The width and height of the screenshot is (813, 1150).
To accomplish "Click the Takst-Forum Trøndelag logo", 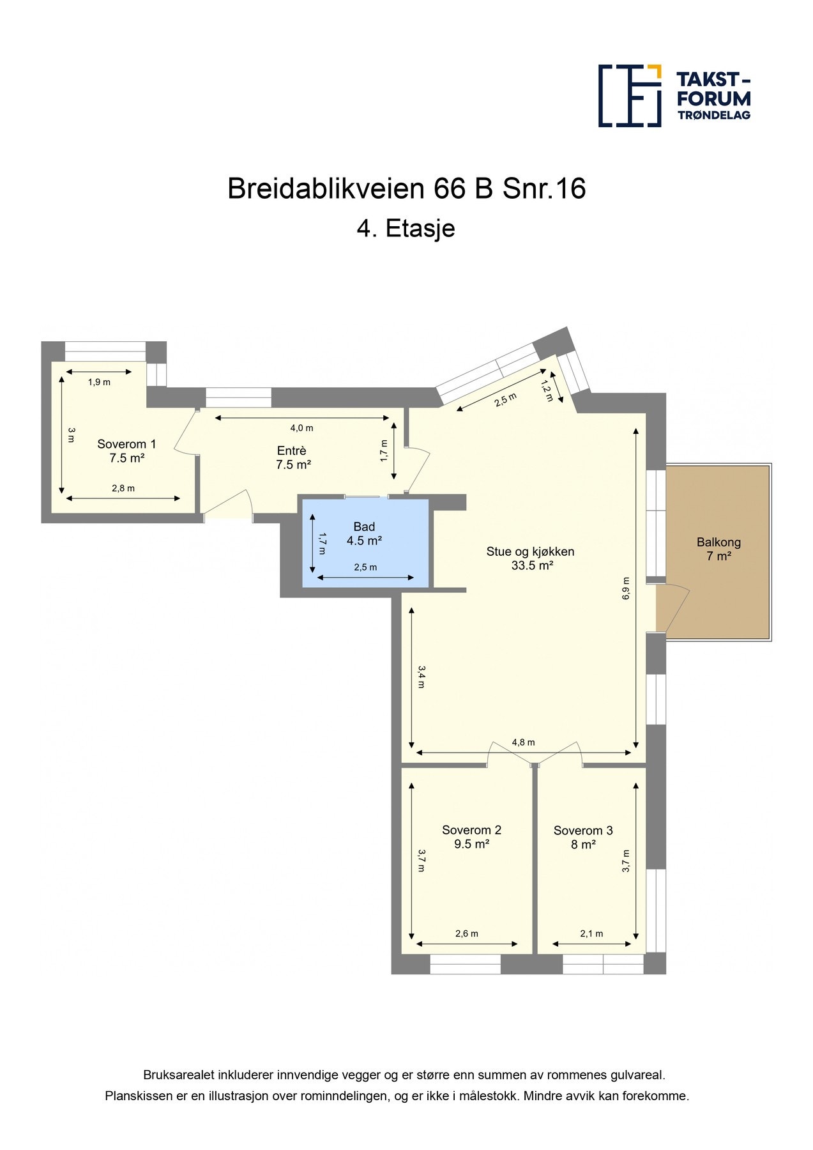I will (674, 96).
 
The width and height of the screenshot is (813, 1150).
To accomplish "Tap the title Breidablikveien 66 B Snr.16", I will (406, 189).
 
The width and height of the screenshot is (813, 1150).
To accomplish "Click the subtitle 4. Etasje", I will (406, 229).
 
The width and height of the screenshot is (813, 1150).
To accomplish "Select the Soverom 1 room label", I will (126, 451).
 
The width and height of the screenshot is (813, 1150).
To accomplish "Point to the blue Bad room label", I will (364, 533).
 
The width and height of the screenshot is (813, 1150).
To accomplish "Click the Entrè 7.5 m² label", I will (293, 458).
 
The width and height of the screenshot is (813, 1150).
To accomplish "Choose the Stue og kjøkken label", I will (531, 558).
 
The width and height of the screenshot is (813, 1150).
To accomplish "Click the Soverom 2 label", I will (471, 837).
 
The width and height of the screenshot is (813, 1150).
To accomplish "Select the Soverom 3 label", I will (583, 838).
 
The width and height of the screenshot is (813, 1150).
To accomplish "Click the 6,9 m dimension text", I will (626, 588).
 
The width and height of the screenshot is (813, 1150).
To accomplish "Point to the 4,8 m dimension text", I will (523, 742).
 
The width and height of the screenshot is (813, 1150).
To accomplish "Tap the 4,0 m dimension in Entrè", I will (301, 428).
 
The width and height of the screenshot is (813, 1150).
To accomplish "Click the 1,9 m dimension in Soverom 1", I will (99, 382).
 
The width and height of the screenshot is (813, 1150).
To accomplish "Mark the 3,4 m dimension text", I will (421, 677).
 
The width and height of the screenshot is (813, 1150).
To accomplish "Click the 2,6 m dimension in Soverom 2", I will (466, 933).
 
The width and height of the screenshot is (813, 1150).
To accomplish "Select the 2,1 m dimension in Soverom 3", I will (591, 933).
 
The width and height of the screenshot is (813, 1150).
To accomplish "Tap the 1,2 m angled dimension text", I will (547, 390).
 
